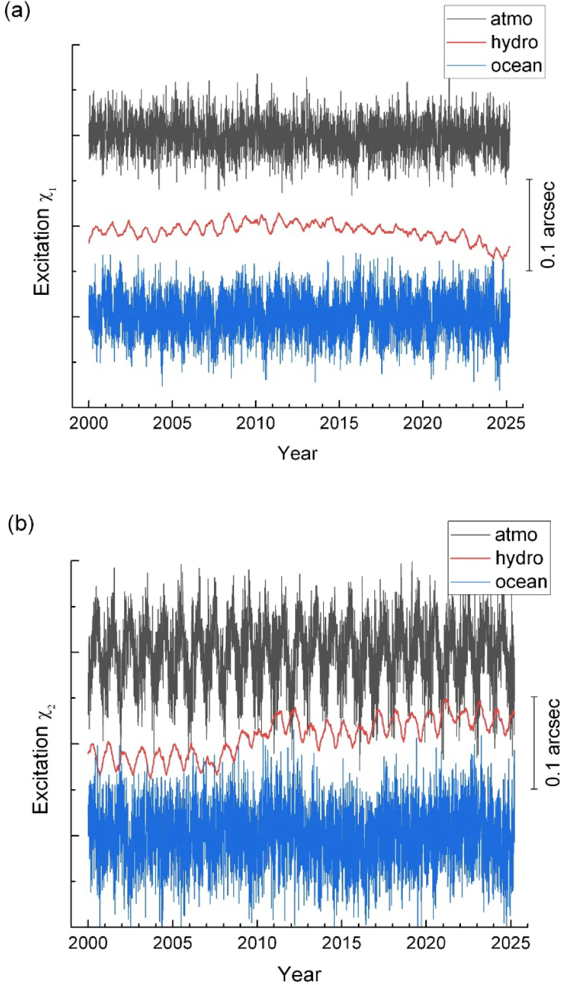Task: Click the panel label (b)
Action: [x=21, y=524]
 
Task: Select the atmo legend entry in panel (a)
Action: [x=511, y=19]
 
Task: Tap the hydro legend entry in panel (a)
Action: [x=514, y=42]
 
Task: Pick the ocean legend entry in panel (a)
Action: [x=516, y=65]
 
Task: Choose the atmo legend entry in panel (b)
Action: [x=515, y=535]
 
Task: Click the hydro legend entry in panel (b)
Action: [x=519, y=558]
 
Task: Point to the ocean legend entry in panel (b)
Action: [x=521, y=582]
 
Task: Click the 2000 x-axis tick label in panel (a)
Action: [x=89, y=423]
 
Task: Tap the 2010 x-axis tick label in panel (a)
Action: [x=256, y=423]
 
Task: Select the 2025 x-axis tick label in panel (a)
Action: [x=506, y=423]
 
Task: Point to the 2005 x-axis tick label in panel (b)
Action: [x=172, y=942]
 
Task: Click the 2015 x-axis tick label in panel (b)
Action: [x=341, y=942]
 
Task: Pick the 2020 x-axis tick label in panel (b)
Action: [x=426, y=942]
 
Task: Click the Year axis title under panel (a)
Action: [x=298, y=453]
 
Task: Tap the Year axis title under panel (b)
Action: [x=299, y=973]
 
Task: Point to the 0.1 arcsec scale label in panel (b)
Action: [x=553, y=742]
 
